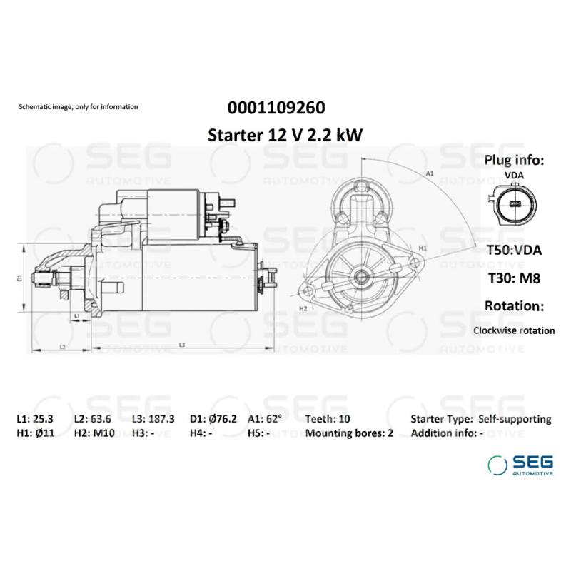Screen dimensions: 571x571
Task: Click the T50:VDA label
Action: pos(513,250)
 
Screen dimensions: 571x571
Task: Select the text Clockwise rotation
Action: pos(513,330)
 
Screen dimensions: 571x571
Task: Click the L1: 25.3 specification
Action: pos(34,419)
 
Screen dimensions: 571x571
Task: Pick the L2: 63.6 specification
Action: pos(91,419)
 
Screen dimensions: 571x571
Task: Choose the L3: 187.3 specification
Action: pos(153,419)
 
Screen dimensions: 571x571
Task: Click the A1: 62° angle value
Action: pos(265,419)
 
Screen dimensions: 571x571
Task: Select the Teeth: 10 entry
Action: pos(328,419)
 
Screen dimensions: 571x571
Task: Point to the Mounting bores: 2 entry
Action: pos(349,433)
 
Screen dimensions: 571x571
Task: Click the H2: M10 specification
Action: pos(94,433)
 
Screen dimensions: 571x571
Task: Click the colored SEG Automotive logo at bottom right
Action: pos(520,464)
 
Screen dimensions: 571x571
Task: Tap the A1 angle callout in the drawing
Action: pos(430,173)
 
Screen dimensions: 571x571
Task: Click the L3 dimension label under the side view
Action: pos(183,345)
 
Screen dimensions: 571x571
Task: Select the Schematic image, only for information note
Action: pos(78,107)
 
